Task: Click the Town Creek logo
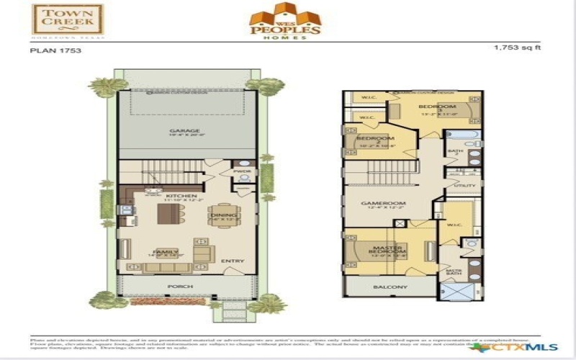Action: click(x=68, y=19)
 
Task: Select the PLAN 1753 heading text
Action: click(x=55, y=51)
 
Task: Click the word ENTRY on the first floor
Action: click(x=233, y=261)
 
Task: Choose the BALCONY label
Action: click(x=390, y=287)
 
